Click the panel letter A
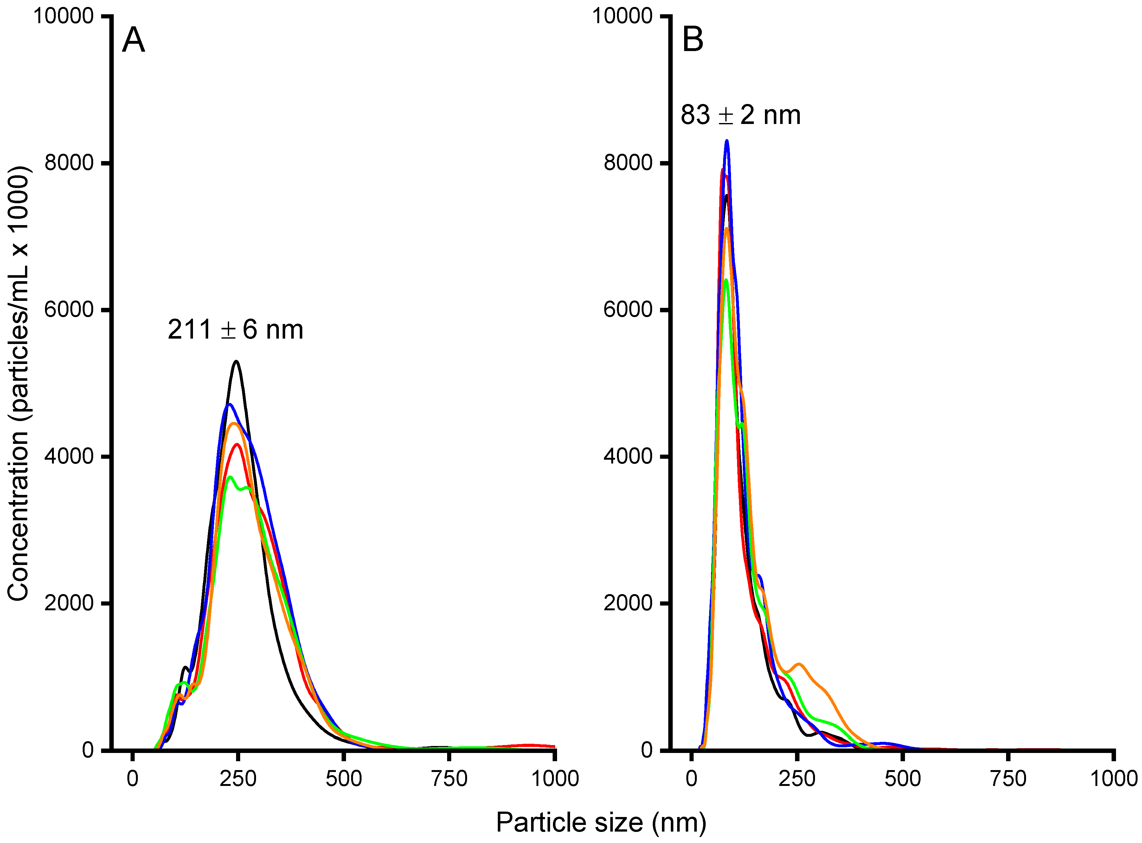134,40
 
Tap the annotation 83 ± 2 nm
740,115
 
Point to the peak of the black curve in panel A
236,361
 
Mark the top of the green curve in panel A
230,477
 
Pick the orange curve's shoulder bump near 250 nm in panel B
799,664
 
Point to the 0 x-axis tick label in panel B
691,779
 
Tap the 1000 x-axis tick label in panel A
555,779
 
